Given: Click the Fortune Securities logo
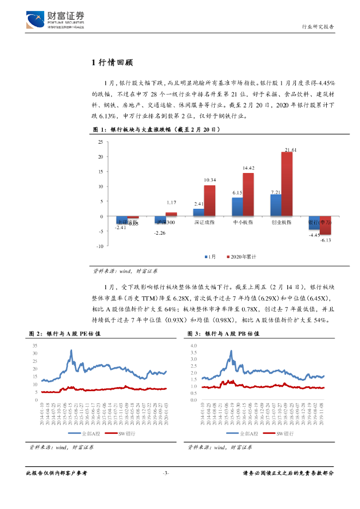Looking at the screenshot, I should tap(55, 20).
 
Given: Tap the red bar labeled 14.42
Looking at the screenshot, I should tap(248, 194).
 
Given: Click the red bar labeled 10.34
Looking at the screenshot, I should tap(209, 201).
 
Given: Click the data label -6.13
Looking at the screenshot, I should tap(325, 240).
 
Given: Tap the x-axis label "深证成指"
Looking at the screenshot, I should tap(204, 222).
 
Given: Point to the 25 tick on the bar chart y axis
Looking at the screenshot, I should tap(100, 142).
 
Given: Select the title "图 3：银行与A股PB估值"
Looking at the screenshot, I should tap(223, 334).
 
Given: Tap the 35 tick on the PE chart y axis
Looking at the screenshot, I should tap(34, 345).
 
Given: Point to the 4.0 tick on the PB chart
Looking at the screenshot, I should tap(193, 345).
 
